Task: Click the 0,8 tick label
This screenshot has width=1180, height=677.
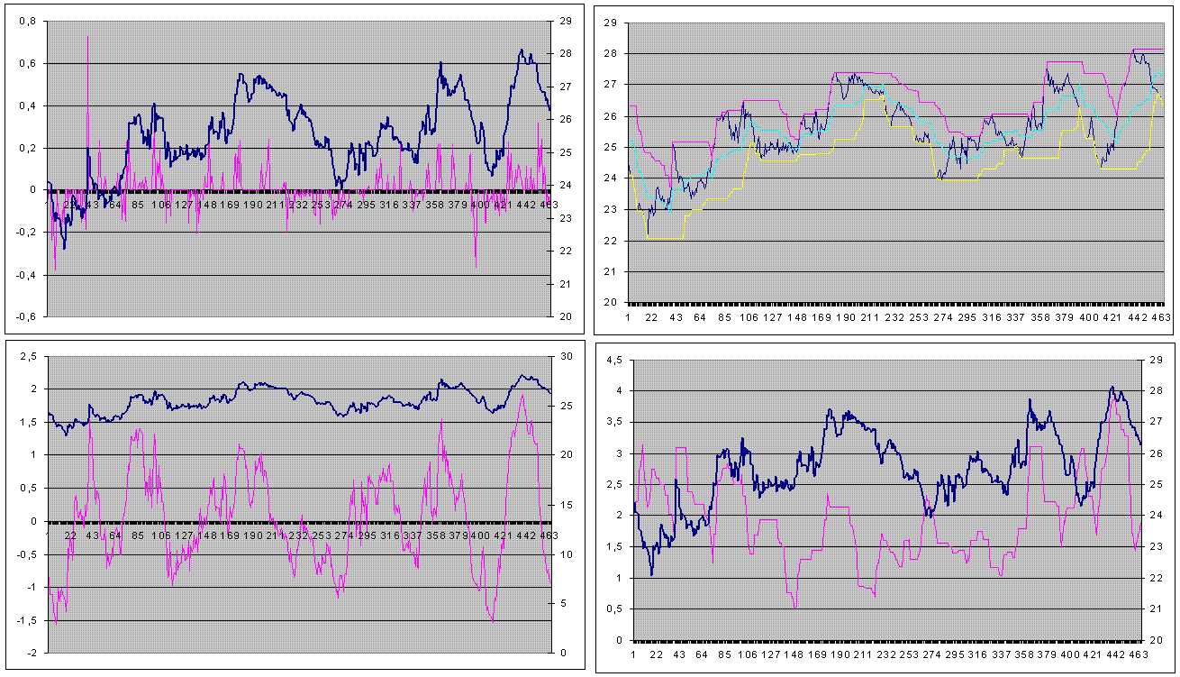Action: [28, 21]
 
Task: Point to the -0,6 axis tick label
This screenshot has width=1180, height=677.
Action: [26, 316]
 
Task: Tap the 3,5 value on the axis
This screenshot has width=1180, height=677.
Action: [613, 422]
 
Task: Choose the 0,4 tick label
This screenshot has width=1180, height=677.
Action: [28, 105]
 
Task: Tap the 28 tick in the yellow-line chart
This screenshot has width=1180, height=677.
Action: [609, 53]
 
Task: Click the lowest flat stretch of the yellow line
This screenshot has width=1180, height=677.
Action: [666, 238]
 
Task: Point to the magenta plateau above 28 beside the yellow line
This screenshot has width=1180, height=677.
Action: [1148, 49]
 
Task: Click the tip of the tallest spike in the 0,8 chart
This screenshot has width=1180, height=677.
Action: [87, 36]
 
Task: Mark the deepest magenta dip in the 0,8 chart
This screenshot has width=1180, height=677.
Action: [476, 266]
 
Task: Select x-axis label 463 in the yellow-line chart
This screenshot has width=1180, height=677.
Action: [1160, 317]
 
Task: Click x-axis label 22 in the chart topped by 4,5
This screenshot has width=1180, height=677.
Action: [655, 655]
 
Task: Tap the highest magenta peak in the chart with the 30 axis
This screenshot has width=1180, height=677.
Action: [522, 395]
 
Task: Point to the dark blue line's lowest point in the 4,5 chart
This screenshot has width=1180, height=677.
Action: [651, 574]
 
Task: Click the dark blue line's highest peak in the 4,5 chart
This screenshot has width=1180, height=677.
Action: [1112, 388]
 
